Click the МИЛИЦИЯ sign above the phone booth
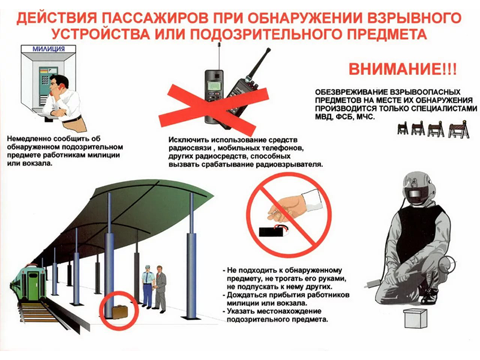tap(49, 49)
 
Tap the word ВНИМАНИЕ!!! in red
tap(403, 69)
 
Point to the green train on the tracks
tap(28, 283)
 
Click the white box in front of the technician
tap(414, 319)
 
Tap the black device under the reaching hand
tap(273, 231)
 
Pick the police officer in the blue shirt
tap(147, 286)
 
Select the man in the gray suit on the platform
tap(160, 288)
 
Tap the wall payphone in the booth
tap(45, 80)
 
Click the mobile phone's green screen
tap(214, 85)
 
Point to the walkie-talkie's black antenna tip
tap(268, 49)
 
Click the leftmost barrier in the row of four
tap(403, 128)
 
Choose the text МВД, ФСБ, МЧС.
tap(344, 116)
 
